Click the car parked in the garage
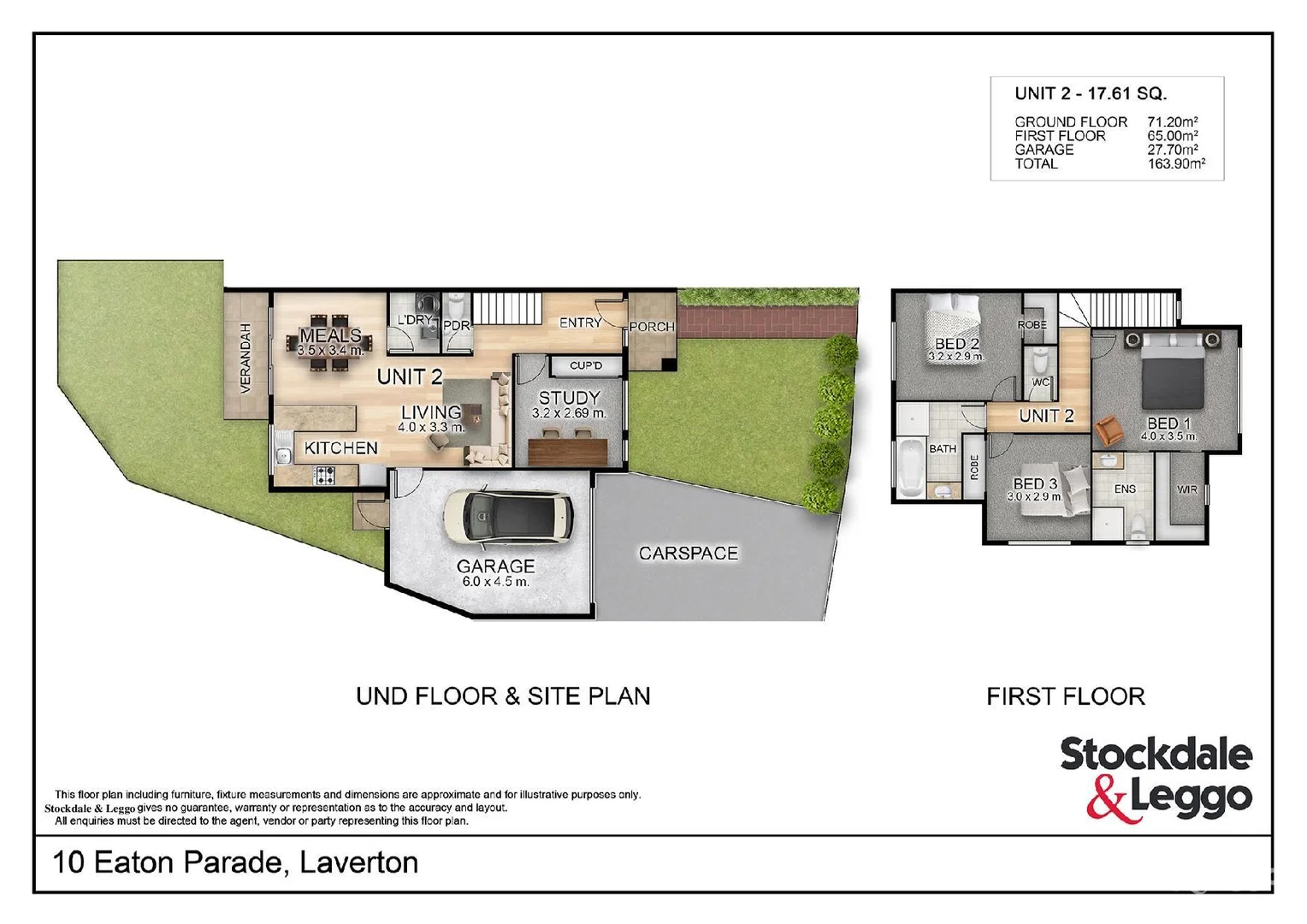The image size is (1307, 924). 507,517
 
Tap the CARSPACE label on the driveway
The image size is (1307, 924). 688,554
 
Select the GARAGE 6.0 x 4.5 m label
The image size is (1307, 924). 495,573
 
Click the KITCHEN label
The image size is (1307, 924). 340,448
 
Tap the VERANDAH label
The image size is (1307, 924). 246,358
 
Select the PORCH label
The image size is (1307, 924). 652,327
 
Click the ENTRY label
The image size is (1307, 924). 580,323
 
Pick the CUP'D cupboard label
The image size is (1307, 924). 586,365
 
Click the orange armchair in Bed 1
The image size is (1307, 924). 1109,430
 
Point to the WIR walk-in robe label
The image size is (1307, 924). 1186,489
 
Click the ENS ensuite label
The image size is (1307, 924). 1125,489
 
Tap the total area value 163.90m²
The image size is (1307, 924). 1176,164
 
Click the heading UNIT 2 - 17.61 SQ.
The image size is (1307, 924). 1091,94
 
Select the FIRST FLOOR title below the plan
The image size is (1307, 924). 1065,696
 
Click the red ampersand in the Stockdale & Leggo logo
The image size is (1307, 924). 1108,802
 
